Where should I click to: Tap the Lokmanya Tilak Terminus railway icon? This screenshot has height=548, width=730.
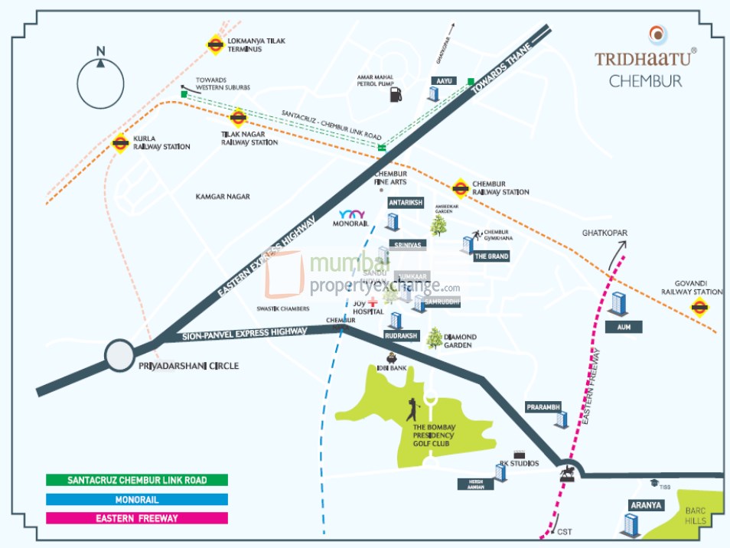[215, 44]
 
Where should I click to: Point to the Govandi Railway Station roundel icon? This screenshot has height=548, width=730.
[699, 307]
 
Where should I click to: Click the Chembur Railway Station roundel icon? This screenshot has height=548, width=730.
[460, 187]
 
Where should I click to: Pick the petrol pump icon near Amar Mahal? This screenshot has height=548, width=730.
[395, 95]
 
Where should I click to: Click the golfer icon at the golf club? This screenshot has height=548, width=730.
[413, 409]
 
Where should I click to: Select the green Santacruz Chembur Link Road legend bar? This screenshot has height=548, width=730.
[137, 480]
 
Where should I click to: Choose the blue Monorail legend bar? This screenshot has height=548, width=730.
[137, 499]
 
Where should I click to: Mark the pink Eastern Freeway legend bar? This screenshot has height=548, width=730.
[137, 518]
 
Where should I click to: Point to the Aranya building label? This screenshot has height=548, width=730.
[646, 505]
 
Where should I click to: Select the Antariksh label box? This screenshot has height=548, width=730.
[406, 203]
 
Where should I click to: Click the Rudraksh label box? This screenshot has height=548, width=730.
[400, 334]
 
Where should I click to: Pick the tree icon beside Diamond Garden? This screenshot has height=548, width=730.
[434, 338]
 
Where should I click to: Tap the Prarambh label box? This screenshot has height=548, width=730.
[544, 406]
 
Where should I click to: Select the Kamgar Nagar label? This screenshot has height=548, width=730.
[223, 197]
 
